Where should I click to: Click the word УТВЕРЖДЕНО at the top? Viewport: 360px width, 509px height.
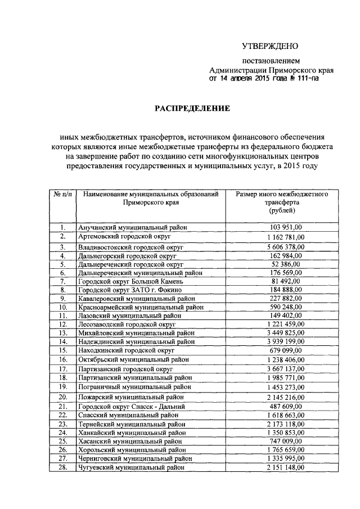[x=270, y=46]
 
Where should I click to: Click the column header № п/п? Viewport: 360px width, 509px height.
[x=62, y=194]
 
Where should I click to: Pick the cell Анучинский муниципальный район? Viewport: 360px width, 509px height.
[x=133, y=227]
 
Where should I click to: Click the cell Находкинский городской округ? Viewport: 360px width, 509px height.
[x=127, y=350]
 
